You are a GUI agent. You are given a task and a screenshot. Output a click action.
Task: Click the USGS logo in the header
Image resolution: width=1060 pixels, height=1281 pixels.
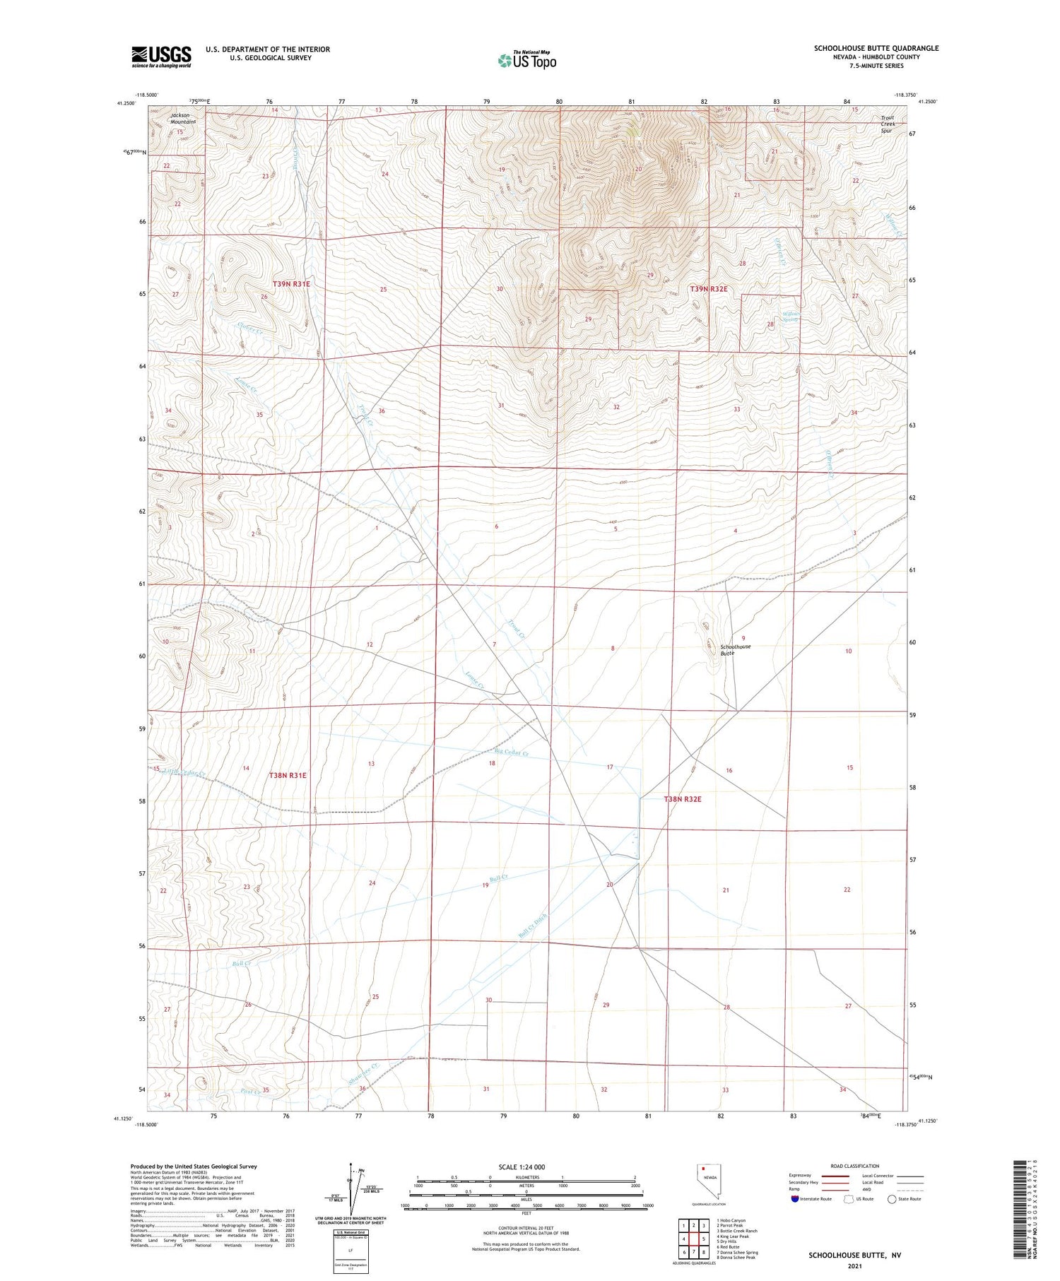pyautogui.click(x=161, y=57)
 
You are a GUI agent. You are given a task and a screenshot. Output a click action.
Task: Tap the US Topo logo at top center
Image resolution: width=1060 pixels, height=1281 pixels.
pyautogui.click(x=527, y=61)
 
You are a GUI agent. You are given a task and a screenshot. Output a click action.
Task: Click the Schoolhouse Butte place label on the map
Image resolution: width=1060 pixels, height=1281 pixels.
pyautogui.click(x=735, y=650)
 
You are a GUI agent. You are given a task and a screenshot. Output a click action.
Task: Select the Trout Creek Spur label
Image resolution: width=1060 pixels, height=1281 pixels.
pyautogui.click(x=888, y=124)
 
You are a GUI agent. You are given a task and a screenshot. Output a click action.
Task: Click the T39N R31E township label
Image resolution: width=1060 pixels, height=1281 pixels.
pyautogui.click(x=291, y=284)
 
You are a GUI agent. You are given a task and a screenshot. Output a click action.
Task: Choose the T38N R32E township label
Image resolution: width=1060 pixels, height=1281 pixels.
pyautogui.click(x=682, y=799)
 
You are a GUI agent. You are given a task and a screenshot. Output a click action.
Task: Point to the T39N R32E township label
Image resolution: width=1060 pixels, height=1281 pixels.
pyautogui.click(x=709, y=289)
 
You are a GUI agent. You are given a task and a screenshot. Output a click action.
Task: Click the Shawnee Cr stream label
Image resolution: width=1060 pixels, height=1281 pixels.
pyautogui.click(x=364, y=1075)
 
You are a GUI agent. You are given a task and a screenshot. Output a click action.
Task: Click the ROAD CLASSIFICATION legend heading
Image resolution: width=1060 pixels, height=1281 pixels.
pyautogui.click(x=854, y=1166)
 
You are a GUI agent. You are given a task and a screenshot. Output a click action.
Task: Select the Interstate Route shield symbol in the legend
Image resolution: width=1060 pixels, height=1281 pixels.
pyautogui.click(x=795, y=1199)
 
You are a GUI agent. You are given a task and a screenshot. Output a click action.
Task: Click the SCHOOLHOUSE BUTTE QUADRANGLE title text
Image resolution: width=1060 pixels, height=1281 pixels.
pyautogui.click(x=876, y=48)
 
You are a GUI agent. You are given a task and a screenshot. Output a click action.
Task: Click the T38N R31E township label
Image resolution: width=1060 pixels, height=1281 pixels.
pyautogui.click(x=288, y=775)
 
